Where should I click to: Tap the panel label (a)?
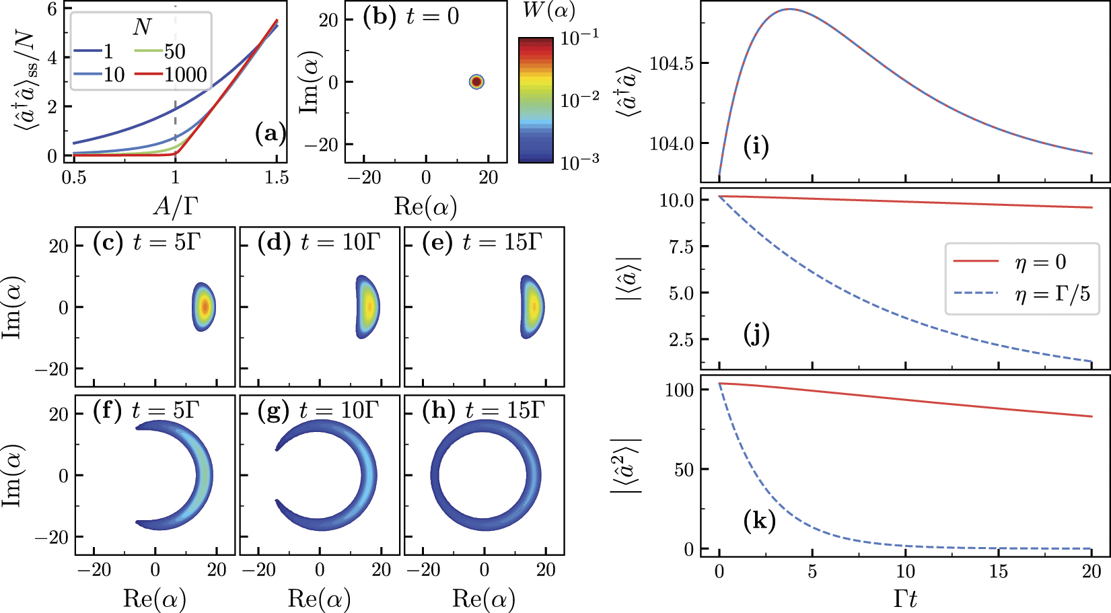point(270,134)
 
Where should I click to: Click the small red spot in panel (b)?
point(476,82)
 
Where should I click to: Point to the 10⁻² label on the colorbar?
point(579,100)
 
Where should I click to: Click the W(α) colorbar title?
point(548,11)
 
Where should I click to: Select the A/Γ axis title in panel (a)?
point(176,206)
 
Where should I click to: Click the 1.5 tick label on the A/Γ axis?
point(277,178)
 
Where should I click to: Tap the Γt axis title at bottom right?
point(905,598)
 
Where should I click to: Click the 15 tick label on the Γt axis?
point(998,572)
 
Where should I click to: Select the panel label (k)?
point(759,520)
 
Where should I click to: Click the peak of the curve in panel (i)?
point(789,9)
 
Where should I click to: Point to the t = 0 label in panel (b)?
point(432,17)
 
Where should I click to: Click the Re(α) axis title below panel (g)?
point(319,598)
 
